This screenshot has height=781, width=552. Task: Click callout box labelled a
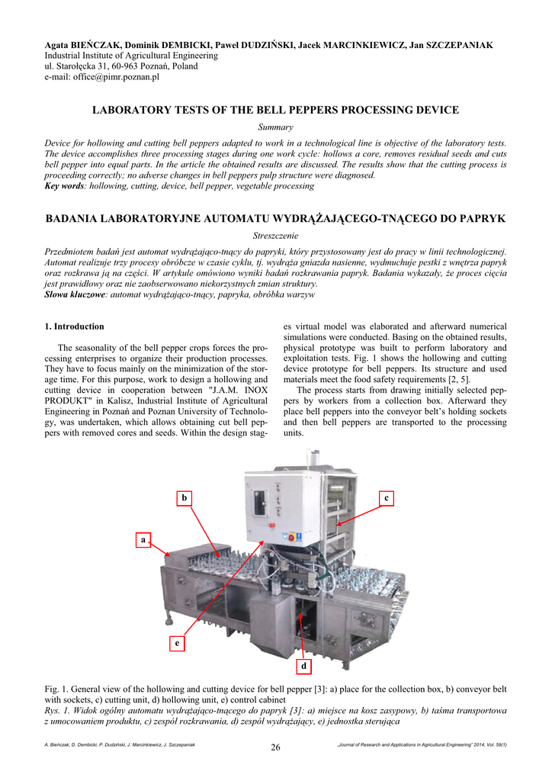tap(143, 540)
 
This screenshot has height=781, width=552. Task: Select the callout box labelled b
tap(183, 498)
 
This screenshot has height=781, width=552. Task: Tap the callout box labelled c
tap(387, 498)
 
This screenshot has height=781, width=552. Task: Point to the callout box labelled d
tap(303, 667)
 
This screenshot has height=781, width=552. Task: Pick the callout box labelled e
tap(177, 643)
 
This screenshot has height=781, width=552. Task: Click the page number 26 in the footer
tap(276, 747)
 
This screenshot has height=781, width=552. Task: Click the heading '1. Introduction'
tap(75, 326)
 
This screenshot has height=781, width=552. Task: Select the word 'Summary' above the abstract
tap(276, 127)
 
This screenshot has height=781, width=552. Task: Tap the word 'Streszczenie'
tap(276, 236)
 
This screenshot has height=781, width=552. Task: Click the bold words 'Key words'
tap(64, 185)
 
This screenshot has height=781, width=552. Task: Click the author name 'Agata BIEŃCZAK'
tap(81, 46)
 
